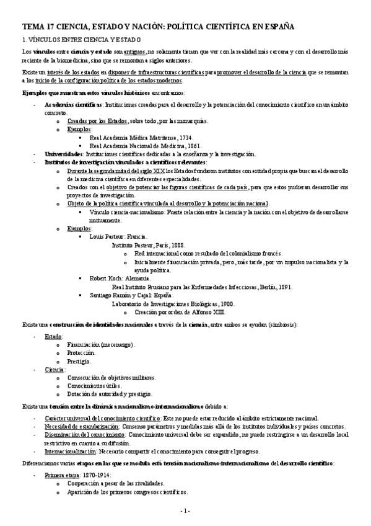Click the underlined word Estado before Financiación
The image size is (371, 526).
point(53,336)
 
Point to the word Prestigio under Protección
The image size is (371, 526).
point(79,361)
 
